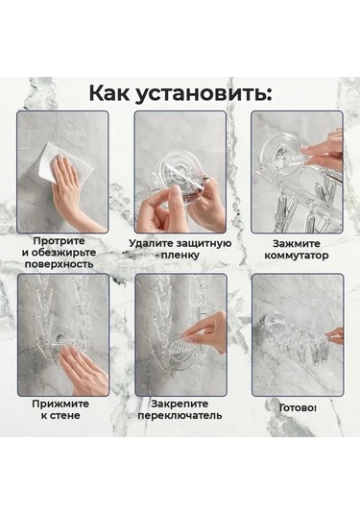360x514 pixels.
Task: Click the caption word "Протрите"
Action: tap(62, 240)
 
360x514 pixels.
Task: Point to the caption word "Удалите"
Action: tap(154, 245)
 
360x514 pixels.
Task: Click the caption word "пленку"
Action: tap(181, 257)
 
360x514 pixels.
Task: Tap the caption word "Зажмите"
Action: tap(296, 245)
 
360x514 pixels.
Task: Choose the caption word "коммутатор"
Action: tap(296, 257)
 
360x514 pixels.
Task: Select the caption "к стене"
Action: tap(62, 416)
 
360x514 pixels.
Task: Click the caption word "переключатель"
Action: tap(180, 416)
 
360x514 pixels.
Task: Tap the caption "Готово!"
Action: tap(297, 407)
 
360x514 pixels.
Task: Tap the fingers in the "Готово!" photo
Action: tap(333, 335)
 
